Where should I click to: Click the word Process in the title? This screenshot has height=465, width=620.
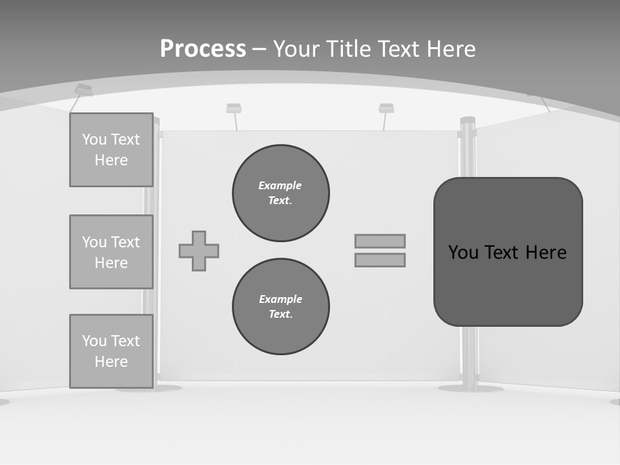click(203, 48)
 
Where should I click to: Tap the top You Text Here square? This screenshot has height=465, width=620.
click(111, 150)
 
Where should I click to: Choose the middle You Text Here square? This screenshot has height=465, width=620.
click(111, 252)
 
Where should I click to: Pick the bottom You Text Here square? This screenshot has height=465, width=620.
click(111, 351)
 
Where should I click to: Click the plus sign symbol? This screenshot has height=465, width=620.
click(199, 251)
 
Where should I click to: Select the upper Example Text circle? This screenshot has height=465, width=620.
click(281, 193)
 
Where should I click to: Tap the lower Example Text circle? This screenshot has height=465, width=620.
click(281, 307)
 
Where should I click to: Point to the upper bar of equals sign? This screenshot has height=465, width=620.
click(380, 241)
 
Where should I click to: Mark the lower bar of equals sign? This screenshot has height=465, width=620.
click(380, 260)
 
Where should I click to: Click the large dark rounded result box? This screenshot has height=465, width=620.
click(508, 252)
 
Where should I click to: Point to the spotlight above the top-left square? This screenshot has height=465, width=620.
click(83, 90)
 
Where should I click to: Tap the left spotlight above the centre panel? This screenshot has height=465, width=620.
click(234, 108)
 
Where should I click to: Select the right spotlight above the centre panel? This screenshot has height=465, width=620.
click(386, 108)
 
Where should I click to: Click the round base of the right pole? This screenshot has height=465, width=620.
click(470, 388)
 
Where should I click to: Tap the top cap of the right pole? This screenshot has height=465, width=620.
click(468, 120)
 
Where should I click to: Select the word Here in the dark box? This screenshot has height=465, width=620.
click(546, 252)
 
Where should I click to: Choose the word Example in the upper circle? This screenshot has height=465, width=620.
click(280, 185)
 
